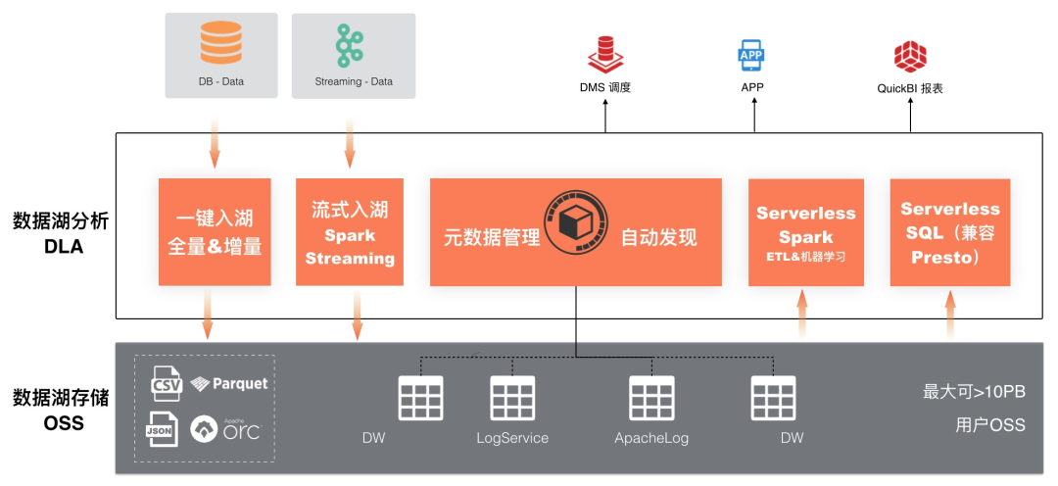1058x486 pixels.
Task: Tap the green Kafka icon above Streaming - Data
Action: pos(353,43)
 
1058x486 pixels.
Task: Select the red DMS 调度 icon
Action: pos(603,54)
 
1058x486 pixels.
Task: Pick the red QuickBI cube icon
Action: pos(910,56)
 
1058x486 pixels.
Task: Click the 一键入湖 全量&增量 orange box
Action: pos(215,232)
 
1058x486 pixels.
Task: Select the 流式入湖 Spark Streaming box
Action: pos(350,232)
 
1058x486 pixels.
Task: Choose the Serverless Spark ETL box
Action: pos(806,232)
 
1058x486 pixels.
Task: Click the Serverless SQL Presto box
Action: pos(949,232)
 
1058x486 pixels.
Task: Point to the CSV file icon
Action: pos(167,383)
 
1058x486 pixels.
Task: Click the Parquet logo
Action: pos(228,384)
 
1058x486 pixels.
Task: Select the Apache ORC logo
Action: pos(226,429)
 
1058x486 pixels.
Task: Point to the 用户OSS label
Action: pos(989,425)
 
